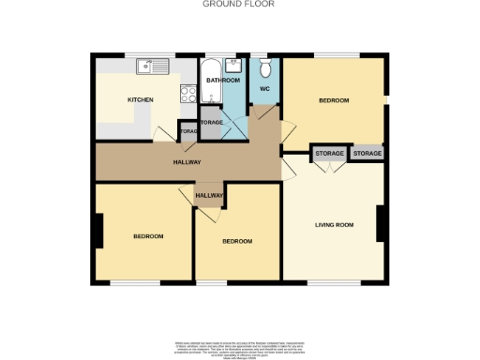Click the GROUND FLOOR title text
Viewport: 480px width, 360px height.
coord(239,4)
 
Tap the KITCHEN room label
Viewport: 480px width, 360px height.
coord(141,99)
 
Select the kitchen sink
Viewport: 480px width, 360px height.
coord(150,67)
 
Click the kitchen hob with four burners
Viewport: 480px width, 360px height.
coord(187,93)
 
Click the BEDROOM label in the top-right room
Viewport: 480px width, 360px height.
coord(333,100)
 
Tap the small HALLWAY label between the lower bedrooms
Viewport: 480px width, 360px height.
coord(209,195)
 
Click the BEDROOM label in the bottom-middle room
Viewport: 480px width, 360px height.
coord(237,242)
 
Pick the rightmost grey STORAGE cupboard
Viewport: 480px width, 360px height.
coord(367,153)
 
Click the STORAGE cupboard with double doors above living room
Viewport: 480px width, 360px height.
coord(329,153)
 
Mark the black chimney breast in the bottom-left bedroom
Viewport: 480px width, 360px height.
coord(97,231)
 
